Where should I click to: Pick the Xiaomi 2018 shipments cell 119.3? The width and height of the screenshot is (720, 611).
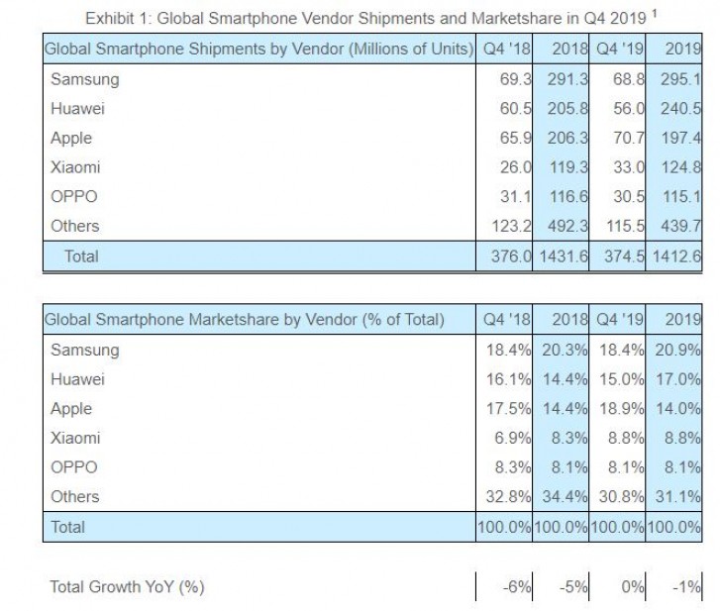562,167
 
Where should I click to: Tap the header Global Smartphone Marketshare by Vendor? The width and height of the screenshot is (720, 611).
244,320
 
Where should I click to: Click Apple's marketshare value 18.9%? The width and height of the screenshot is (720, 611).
619,408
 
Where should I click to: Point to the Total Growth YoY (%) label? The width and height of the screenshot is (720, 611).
127,587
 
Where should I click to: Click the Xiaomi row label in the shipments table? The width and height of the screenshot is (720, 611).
75,167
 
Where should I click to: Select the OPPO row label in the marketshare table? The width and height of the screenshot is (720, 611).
73,467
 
